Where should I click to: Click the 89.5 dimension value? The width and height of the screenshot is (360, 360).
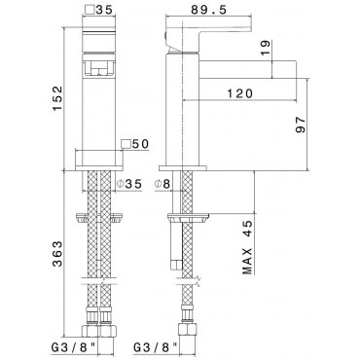pos(208,10)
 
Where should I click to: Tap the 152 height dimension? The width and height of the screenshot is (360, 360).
pos(57,98)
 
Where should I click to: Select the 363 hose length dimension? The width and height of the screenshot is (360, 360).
pos(57,254)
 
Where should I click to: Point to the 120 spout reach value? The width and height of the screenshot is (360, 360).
pos(239,93)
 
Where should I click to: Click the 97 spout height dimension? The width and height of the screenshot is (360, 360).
pos(301,125)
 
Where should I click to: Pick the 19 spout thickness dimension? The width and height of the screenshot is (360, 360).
pos(265,48)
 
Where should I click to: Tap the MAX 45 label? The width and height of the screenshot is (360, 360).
pos(247,247)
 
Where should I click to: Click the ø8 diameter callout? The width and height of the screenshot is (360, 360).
pos(162,184)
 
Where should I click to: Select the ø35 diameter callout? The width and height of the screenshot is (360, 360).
pos(129,184)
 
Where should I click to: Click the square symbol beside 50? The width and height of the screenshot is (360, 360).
pos(126,144)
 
